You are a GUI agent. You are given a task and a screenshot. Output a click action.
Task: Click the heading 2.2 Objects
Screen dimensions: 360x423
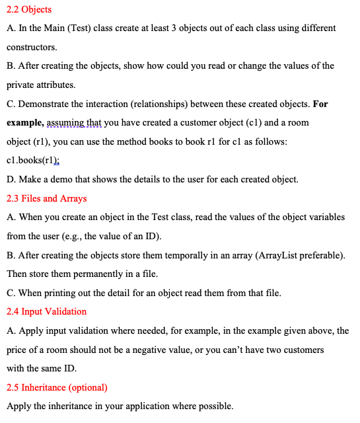coord(29,10)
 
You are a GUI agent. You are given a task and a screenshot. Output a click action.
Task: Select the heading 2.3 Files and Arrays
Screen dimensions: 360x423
coord(46,198)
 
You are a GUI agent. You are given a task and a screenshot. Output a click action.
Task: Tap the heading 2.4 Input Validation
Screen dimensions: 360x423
coord(46,311)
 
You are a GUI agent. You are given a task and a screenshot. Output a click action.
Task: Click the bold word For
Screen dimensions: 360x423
coord(320,104)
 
